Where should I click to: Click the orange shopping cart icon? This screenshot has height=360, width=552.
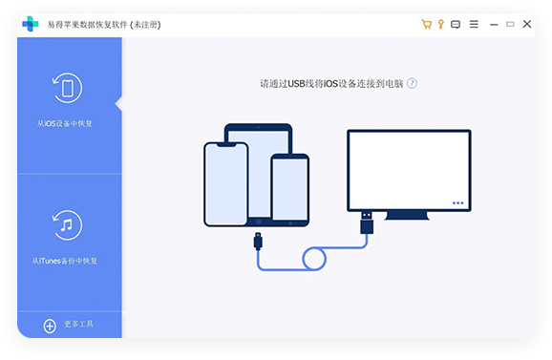click(x=426, y=24)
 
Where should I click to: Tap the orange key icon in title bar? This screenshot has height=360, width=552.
click(x=440, y=24)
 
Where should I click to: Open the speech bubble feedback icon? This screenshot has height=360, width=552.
click(x=456, y=24)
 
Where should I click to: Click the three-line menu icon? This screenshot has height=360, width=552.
click(x=474, y=24)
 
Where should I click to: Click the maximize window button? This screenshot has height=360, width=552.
click(x=510, y=24)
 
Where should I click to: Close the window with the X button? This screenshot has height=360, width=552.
click(x=527, y=24)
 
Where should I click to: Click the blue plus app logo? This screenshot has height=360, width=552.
click(x=32, y=24)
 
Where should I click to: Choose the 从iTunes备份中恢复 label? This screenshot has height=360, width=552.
click(x=64, y=260)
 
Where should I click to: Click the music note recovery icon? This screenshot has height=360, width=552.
click(x=68, y=225)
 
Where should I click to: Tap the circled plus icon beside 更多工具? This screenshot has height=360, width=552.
click(x=50, y=326)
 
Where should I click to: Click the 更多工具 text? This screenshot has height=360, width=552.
click(x=79, y=326)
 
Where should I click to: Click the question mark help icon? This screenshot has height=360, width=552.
click(x=412, y=83)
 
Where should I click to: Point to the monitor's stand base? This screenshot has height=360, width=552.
click(x=408, y=216)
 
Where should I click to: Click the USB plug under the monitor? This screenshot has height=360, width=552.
click(x=367, y=225)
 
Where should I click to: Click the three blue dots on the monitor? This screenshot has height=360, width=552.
click(x=458, y=202)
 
